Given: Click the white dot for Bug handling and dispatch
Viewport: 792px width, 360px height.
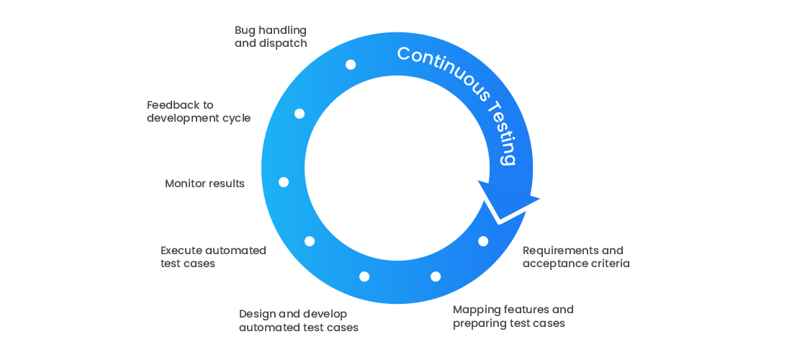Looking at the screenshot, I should [351, 65].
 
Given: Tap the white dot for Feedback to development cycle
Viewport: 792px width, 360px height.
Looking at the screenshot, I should [300, 114].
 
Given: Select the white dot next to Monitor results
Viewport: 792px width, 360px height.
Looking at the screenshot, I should [284, 182].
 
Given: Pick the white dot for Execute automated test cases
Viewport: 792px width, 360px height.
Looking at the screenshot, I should [310, 241].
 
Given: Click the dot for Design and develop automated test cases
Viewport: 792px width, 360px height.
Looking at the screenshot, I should [364, 276].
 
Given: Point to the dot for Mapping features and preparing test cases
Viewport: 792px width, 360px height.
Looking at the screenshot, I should [435, 276].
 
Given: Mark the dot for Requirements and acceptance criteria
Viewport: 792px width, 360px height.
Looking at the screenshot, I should [483, 241].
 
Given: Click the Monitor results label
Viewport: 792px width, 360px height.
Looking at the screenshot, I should [204, 184].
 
